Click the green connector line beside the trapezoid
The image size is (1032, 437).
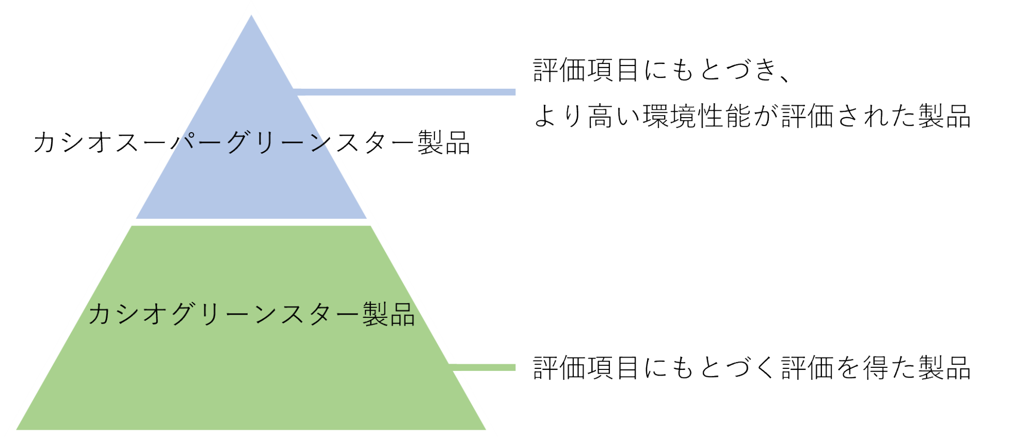coord(482,367)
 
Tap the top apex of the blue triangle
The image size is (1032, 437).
coord(251,17)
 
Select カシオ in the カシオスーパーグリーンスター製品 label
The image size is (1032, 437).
coord(72,142)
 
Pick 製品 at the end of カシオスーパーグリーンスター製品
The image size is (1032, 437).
coord(444,142)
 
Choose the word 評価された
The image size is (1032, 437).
coord(849,116)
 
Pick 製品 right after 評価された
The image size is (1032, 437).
coord(945,116)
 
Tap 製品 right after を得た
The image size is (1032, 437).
coord(945,368)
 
